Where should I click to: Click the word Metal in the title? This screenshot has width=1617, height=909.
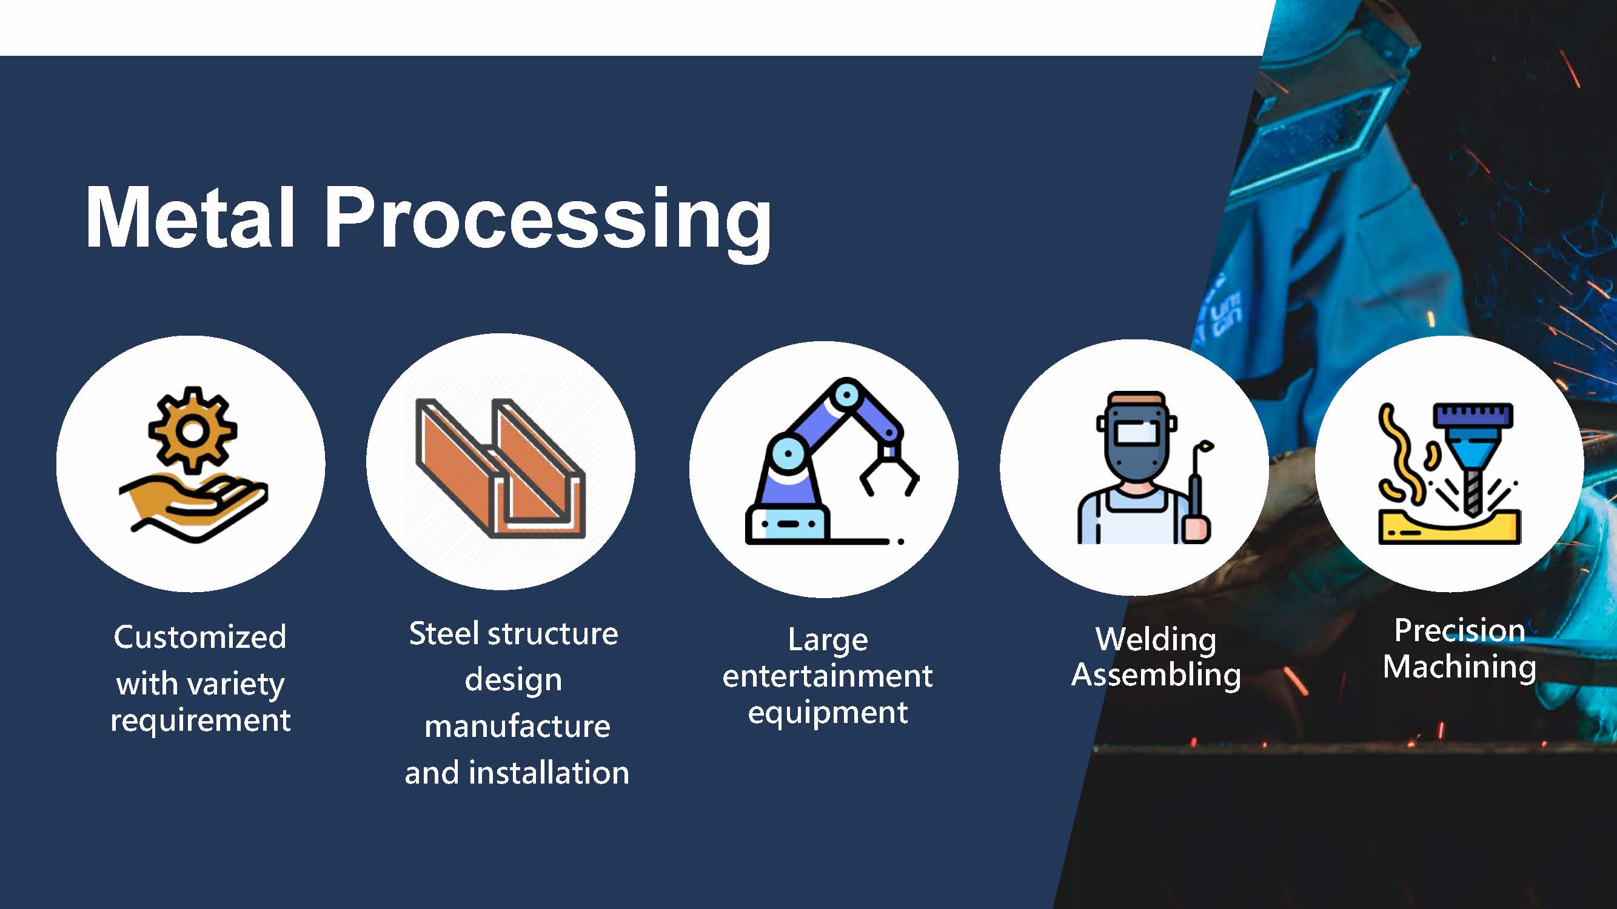tap(190, 217)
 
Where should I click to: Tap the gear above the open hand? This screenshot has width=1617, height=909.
tap(193, 430)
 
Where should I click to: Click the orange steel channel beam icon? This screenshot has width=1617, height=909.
tap(500, 468)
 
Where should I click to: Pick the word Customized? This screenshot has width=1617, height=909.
tap(200, 638)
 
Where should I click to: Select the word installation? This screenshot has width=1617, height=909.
tap(549, 772)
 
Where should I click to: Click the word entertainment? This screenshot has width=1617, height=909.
tap(828, 676)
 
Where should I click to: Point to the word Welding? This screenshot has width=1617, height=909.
tap(1156, 641)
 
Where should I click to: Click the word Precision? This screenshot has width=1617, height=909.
tap(1459, 630)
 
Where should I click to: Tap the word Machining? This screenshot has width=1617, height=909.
tap(1459, 667)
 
